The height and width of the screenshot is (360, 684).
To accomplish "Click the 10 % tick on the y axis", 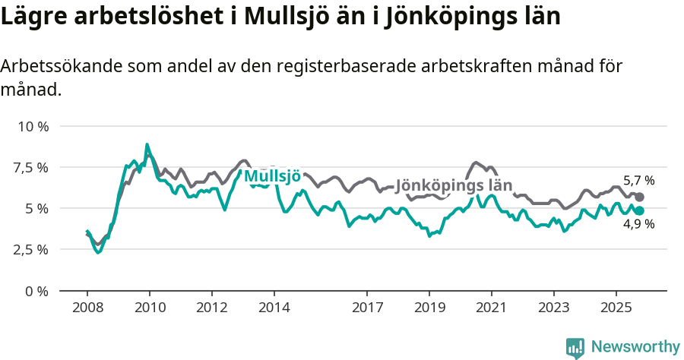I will click(x=33, y=126).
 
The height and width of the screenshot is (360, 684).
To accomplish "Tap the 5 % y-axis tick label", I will click(x=36, y=208).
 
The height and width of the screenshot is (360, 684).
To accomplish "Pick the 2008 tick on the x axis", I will click(x=87, y=308).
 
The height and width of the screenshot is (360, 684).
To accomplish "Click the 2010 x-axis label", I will click(x=149, y=308).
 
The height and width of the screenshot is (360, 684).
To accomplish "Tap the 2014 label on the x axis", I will click(x=274, y=308).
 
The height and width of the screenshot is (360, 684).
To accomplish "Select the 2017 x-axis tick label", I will click(x=367, y=308).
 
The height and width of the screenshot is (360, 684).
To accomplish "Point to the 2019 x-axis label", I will click(x=429, y=308).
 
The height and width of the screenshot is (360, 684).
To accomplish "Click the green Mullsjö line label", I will click(x=271, y=177).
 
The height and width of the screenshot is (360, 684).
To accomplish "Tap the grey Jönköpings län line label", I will click(x=454, y=185).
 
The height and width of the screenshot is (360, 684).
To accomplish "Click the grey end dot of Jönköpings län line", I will click(x=640, y=197).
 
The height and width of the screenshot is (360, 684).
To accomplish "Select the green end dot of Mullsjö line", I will click(x=640, y=210).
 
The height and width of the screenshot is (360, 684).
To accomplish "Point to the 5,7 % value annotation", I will click(x=638, y=181).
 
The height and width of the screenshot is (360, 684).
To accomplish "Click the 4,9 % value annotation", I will click(x=638, y=225).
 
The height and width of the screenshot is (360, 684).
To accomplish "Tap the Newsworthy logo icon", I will click(x=575, y=347).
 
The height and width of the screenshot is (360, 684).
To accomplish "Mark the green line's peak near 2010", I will click(x=147, y=144).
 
